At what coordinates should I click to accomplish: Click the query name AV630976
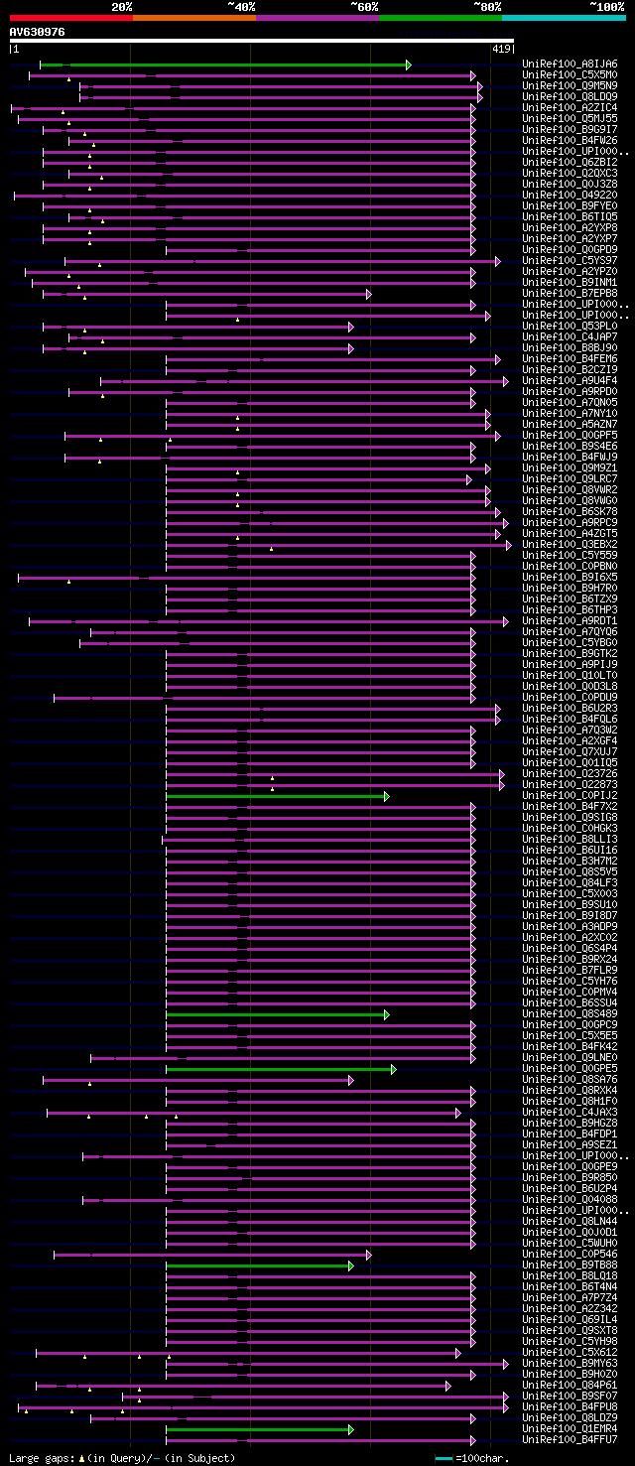coord(38,32)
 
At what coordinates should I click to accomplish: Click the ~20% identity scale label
coord(121,6)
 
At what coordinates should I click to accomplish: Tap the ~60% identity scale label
coord(364,6)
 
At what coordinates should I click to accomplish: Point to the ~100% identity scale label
coord(606,6)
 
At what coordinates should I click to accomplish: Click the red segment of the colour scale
coord(70,18)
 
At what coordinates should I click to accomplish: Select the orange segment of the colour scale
coord(193,18)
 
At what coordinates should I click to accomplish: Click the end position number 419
coord(501,49)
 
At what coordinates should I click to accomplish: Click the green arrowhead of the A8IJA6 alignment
coord(408,65)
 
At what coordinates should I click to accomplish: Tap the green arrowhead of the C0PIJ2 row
coord(387,796)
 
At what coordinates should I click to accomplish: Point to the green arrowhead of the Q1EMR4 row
coord(350,1429)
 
